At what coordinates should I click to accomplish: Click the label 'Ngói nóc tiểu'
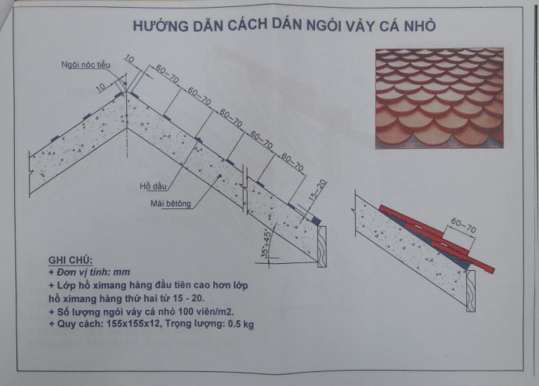click(x=86, y=65)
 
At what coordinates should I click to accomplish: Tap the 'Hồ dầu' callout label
click(x=153, y=186)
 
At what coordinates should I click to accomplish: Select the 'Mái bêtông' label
click(x=171, y=204)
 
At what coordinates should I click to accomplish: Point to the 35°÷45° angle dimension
click(x=266, y=244)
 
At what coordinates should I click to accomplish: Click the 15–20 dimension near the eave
click(x=318, y=190)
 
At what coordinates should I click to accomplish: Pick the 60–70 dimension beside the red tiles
click(x=463, y=226)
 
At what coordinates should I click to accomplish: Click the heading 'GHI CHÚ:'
click(x=70, y=260)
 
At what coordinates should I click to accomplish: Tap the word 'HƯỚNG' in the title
click(x=161, y=26)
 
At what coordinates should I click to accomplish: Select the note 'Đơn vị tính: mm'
click(x=89, y=272)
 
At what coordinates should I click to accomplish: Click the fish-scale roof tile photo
click(x=439, y=98)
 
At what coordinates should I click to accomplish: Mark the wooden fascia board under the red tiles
click(x=471, y=291)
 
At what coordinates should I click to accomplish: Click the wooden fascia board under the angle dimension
click(x=322, y=246)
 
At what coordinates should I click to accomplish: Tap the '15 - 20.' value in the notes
click(x=190, y=298)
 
